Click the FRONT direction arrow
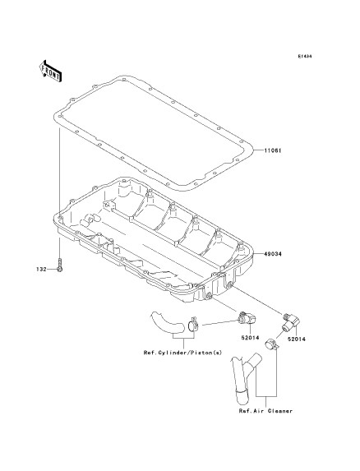coord(50,71)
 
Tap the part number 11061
coord(273,150)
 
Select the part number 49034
coord(273,254)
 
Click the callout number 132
coord(42,269)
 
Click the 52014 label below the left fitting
coord(250,337)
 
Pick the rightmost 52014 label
coord(297,339)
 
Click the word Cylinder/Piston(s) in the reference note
coord(191,353)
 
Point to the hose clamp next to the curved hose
coord(193,325)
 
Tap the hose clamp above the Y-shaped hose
coord(272,344)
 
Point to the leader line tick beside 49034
coord(259,254)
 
